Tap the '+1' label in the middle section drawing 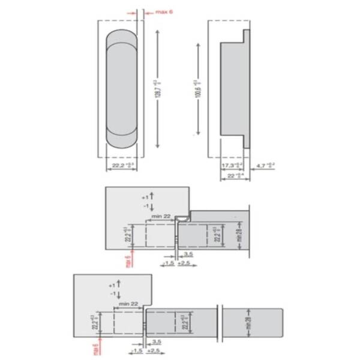click(144, 197)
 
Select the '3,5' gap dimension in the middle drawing click(187, 254)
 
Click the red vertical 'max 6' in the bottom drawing click(95, 348)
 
